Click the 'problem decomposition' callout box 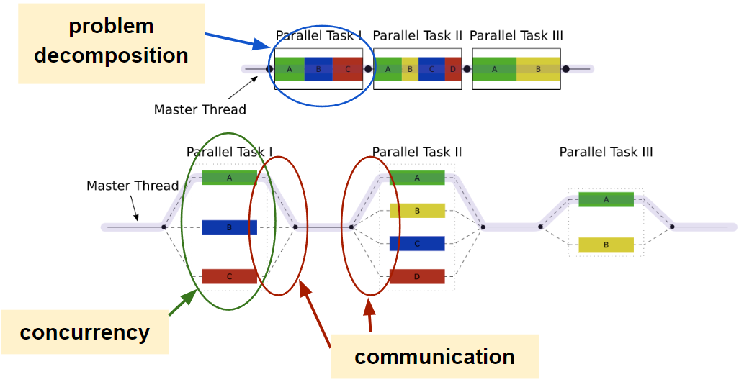point(111,41)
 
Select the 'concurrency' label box point(84,332)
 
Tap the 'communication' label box point(434,357)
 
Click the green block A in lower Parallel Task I point(229,178)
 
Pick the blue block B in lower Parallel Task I point(229,227)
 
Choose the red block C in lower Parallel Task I point(229,276)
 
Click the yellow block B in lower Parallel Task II point(417,211)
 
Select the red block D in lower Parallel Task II point(417,276)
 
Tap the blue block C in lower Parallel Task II point(417,243)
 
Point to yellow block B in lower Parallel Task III point(606,245)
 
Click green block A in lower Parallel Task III point(606,199)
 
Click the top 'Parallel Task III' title point(516,35)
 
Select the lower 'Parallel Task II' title point(416,152)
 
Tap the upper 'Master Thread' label point(200,110)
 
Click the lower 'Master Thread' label point(133,186)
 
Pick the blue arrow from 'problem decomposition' point(235,40)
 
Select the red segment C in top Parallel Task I point(347,69)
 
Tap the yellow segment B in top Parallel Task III point(538,69)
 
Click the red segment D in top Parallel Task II point(452,69)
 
